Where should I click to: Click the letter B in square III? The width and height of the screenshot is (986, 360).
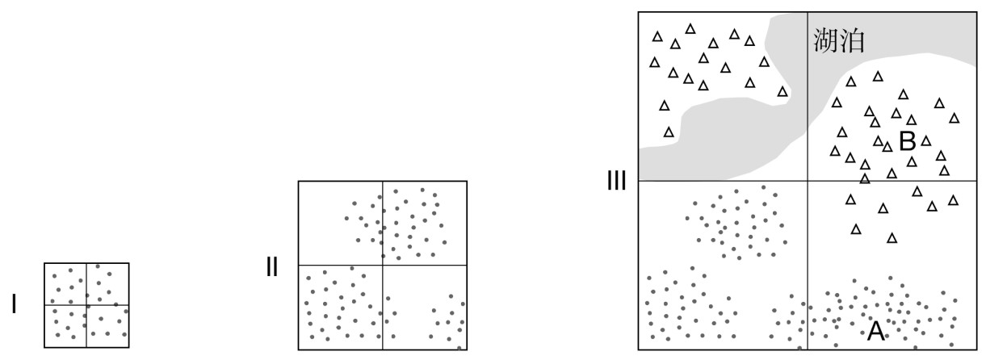pyautogui.click(x=907, y=142)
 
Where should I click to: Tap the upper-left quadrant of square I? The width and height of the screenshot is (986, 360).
pyautogui.click(x=65, y=284)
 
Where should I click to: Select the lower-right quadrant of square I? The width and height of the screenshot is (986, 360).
pyautogui.click(x=107, y=326)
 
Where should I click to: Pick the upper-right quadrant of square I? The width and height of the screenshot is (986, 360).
pyautogui.click(x=107, y=284)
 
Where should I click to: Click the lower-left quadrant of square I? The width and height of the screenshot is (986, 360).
pyautogui.click(x=65, y=326)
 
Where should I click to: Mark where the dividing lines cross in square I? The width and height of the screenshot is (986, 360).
pyautogui.click(x=86, y=305)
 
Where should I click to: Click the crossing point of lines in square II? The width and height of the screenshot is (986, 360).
pyautogui.click(x=383, y=265)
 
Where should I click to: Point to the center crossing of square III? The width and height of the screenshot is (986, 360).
pyautogui.click(x=808, y=181)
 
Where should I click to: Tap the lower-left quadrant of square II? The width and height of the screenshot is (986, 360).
pyautogui.click(x=341, y=307)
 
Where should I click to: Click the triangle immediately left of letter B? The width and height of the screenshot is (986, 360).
pyautogui.click(x=887, y=147)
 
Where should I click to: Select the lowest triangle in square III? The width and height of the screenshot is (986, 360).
pyautogui.click(x=892, y=238)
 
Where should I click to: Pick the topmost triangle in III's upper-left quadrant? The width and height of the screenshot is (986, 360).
pyautogui.click(x=690, y=28)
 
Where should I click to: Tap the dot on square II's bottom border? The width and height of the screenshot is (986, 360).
pyautogui.click(x=459, y=349)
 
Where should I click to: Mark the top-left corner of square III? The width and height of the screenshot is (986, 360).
pyautogui.click(x=639, y=12)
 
